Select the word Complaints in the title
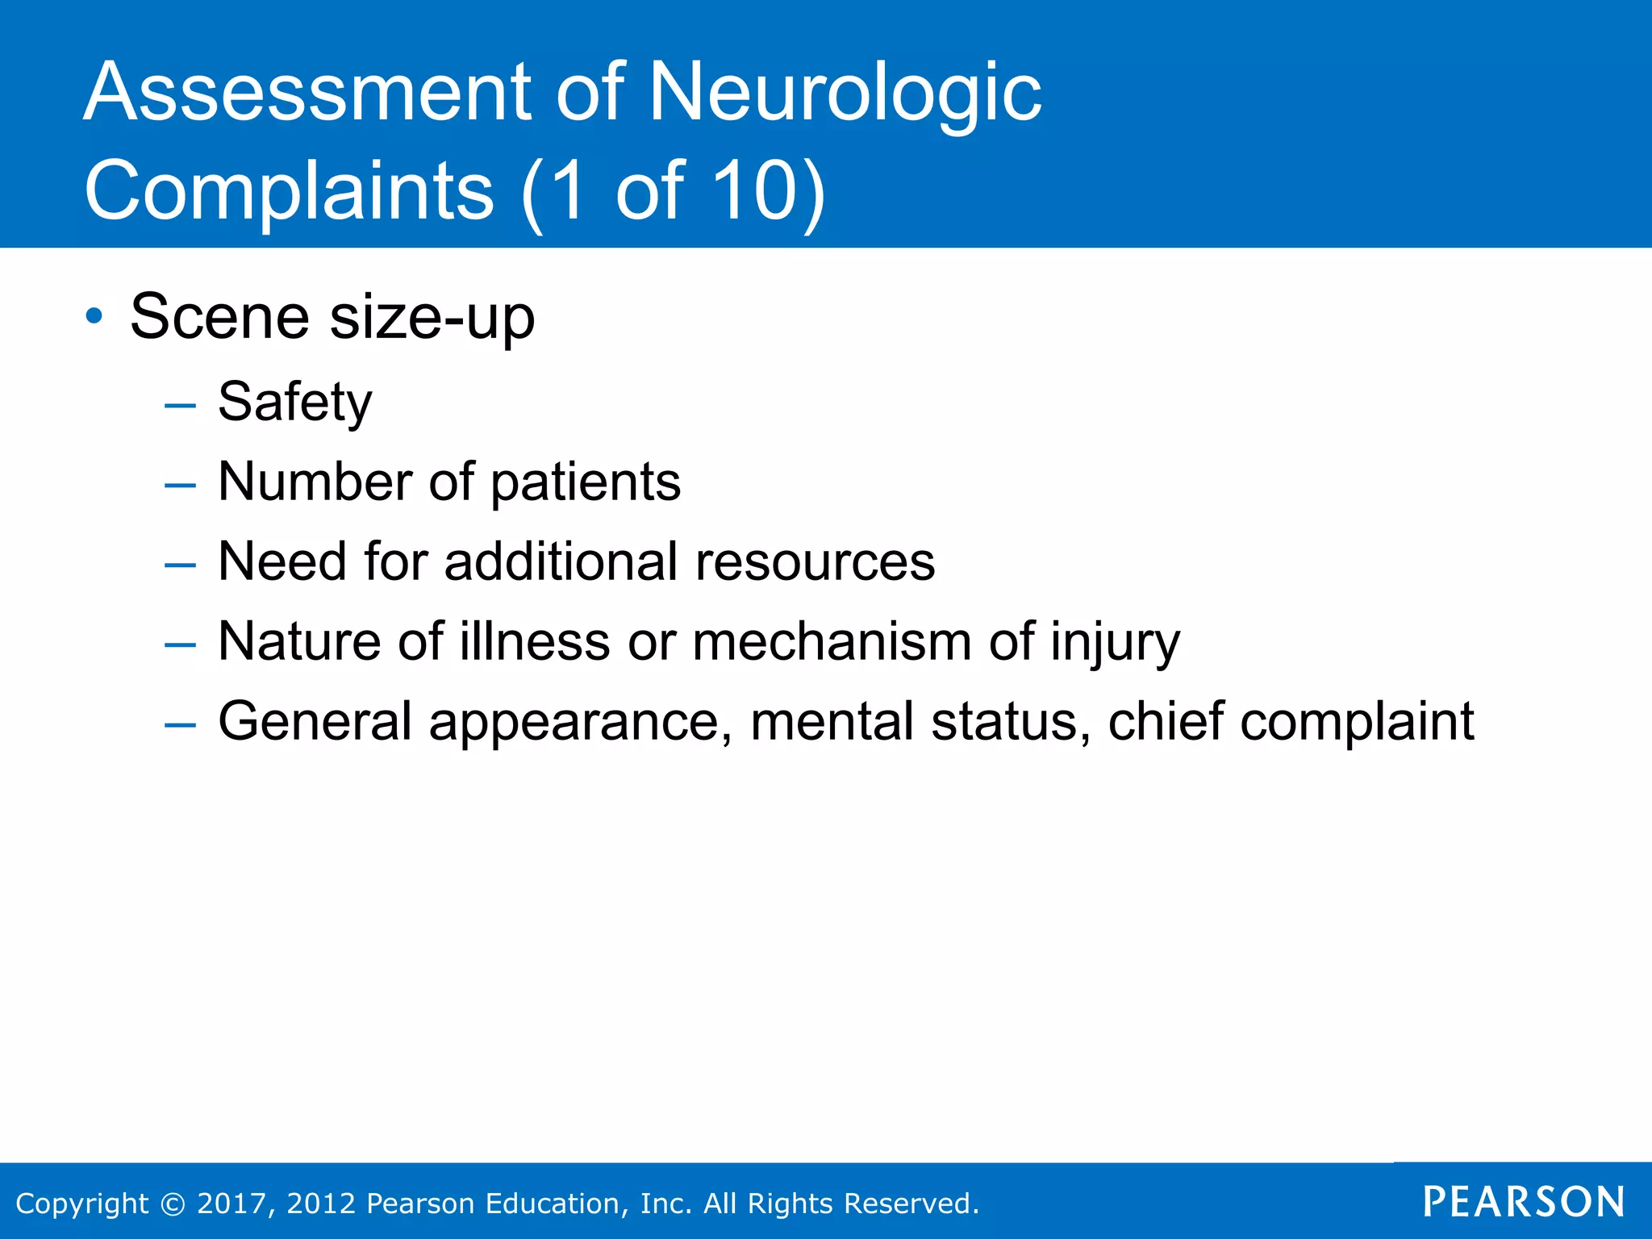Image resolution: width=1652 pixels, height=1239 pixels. tap(289, 190)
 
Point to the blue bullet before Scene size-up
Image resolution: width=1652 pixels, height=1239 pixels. tap(94, 316)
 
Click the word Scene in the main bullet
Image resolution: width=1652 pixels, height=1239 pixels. tap(219, 317)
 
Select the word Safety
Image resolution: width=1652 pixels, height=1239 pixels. tap(295, 403)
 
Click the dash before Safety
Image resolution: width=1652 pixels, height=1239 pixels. tap(179, 405)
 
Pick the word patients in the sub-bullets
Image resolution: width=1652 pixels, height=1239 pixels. tap(586, 482)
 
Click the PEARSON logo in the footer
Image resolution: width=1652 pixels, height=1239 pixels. tap(1523, 1202)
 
